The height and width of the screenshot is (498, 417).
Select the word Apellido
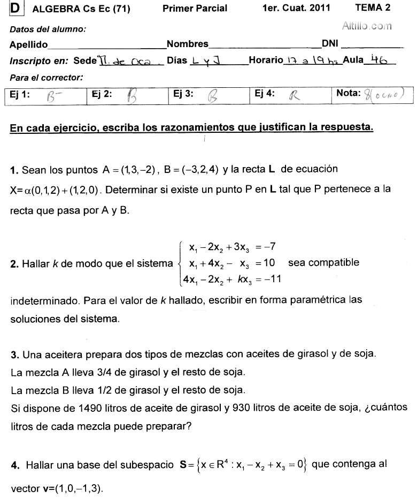click(28, 44)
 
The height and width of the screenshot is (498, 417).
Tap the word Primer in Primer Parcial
click(176, 8)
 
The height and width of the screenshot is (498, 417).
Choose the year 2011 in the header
click(319, 7)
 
